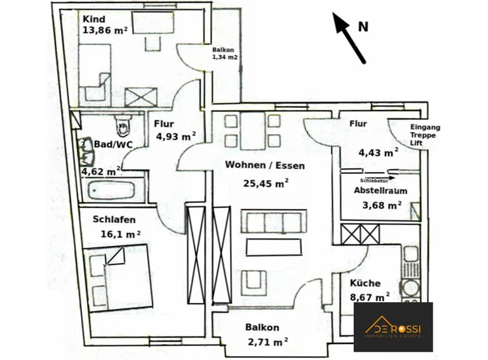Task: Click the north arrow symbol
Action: click(x=349, y=37)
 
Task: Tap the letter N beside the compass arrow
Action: click(x=363, y=27)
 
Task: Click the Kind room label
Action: click(x=93, y=19)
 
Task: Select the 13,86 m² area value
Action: click(x=105, y=30)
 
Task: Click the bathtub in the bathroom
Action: click(x=111, y=190)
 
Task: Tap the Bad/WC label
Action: click(x=113, y=144)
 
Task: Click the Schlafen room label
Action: click(x=114, y=220)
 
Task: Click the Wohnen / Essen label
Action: click(x=265, y=165)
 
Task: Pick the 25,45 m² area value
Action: click(x=266, y=183)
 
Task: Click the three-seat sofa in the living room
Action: click(x=274, y=222)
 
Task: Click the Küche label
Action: click(x=365, y=283)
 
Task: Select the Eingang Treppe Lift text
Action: click(x=425, y=135)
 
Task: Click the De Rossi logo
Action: click(x=393, y=327)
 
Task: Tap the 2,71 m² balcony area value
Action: click(x=268, y=342)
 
